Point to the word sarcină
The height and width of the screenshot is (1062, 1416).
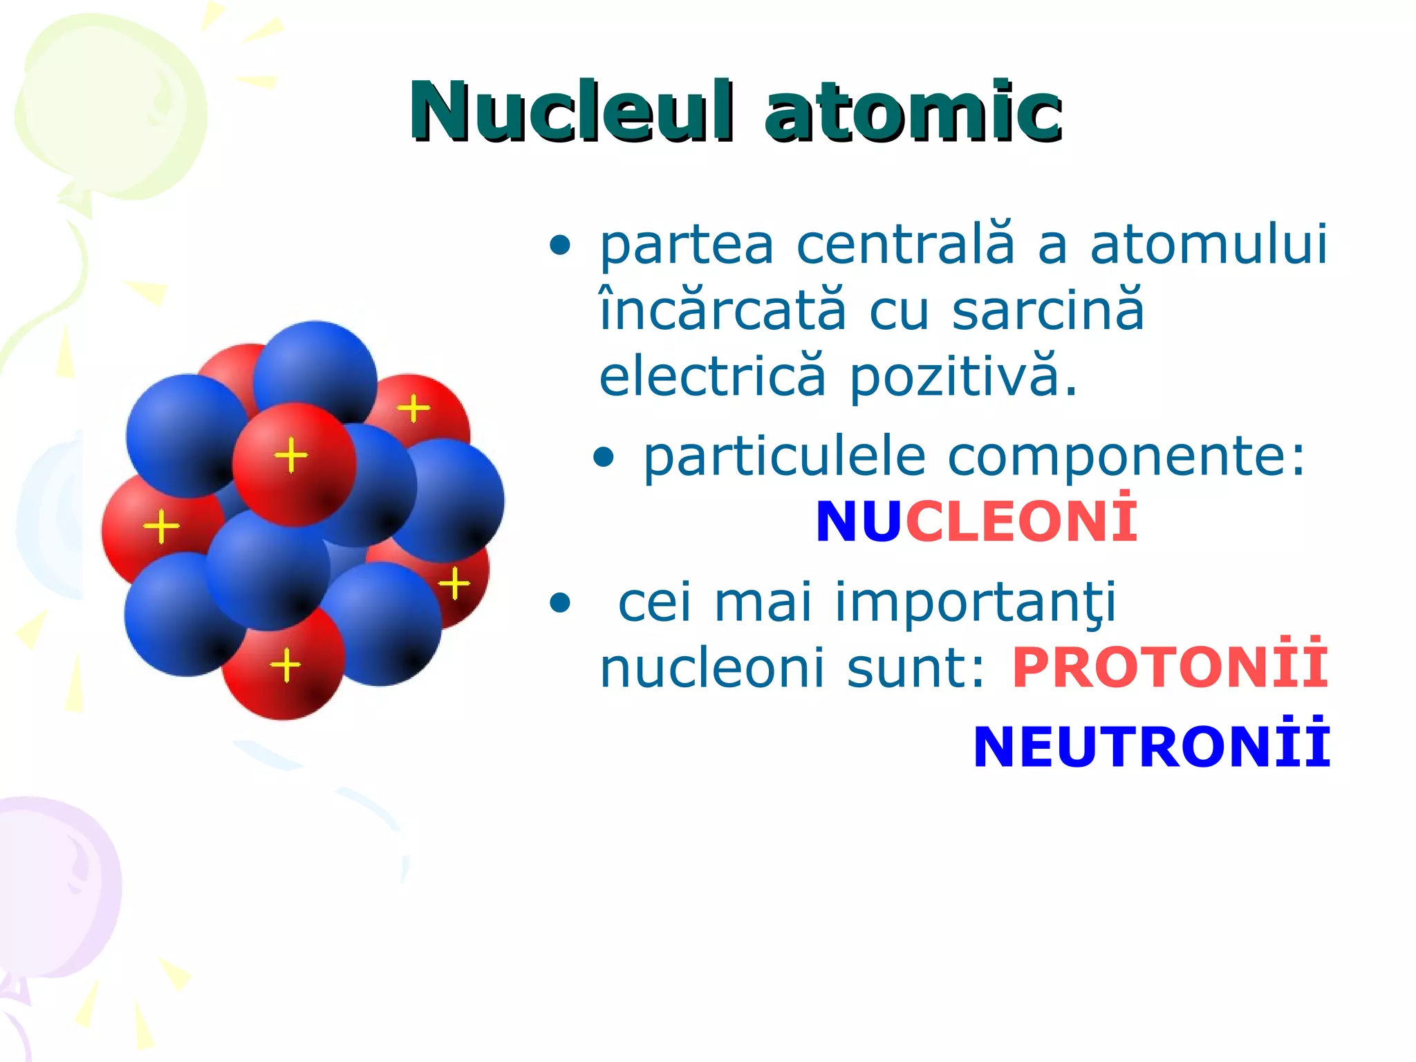1048,310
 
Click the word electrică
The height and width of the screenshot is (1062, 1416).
712,377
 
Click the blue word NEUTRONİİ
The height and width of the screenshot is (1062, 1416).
1150,747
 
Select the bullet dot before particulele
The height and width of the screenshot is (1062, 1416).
604,457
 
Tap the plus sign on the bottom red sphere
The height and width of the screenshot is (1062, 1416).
285,665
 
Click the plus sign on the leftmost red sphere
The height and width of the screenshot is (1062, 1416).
161,527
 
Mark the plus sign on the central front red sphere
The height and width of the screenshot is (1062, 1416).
290,455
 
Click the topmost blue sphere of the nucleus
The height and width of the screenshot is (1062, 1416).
315,373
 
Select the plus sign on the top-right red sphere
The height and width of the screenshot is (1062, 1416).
413,408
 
